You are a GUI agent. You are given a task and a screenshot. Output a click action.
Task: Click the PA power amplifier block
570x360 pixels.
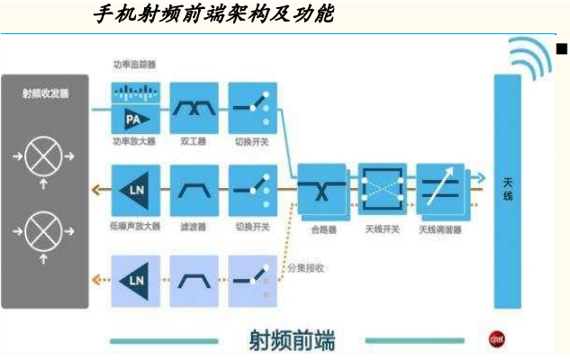tap(134, 120)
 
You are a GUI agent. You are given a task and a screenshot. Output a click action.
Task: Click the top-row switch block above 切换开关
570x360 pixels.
tap(251, 108)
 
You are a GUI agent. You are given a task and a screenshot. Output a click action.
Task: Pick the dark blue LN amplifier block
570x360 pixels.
tap(134, 190)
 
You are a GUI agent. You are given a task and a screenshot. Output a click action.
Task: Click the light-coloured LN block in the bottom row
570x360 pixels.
tap(134, 280)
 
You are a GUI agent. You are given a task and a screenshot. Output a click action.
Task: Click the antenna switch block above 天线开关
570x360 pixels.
tap(382, 189)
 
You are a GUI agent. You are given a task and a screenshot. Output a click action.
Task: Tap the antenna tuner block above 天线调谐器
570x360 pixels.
tap(440, 189)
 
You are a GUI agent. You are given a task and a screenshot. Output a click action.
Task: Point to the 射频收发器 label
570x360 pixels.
tap(45, 94)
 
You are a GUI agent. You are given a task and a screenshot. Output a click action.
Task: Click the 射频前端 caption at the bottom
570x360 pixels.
tap(291, 341)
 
